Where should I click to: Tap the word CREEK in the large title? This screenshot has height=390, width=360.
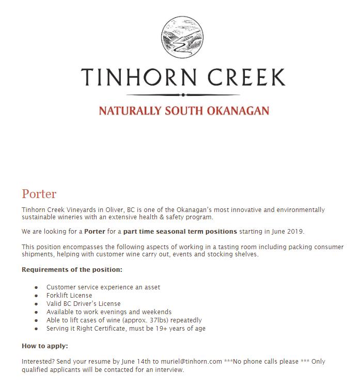[x=245, y=77]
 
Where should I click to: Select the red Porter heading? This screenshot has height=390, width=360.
[x=39, y=194]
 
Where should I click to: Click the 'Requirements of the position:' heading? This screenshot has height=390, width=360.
[x=72, y=269]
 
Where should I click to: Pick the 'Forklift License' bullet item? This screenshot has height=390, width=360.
[x=69, y=296]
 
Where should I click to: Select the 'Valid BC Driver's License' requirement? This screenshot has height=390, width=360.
[x=83, y=304]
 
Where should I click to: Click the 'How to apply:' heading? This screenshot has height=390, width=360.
[x=45, y=346]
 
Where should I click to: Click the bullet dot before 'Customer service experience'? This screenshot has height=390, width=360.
[x=36, y=287]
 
